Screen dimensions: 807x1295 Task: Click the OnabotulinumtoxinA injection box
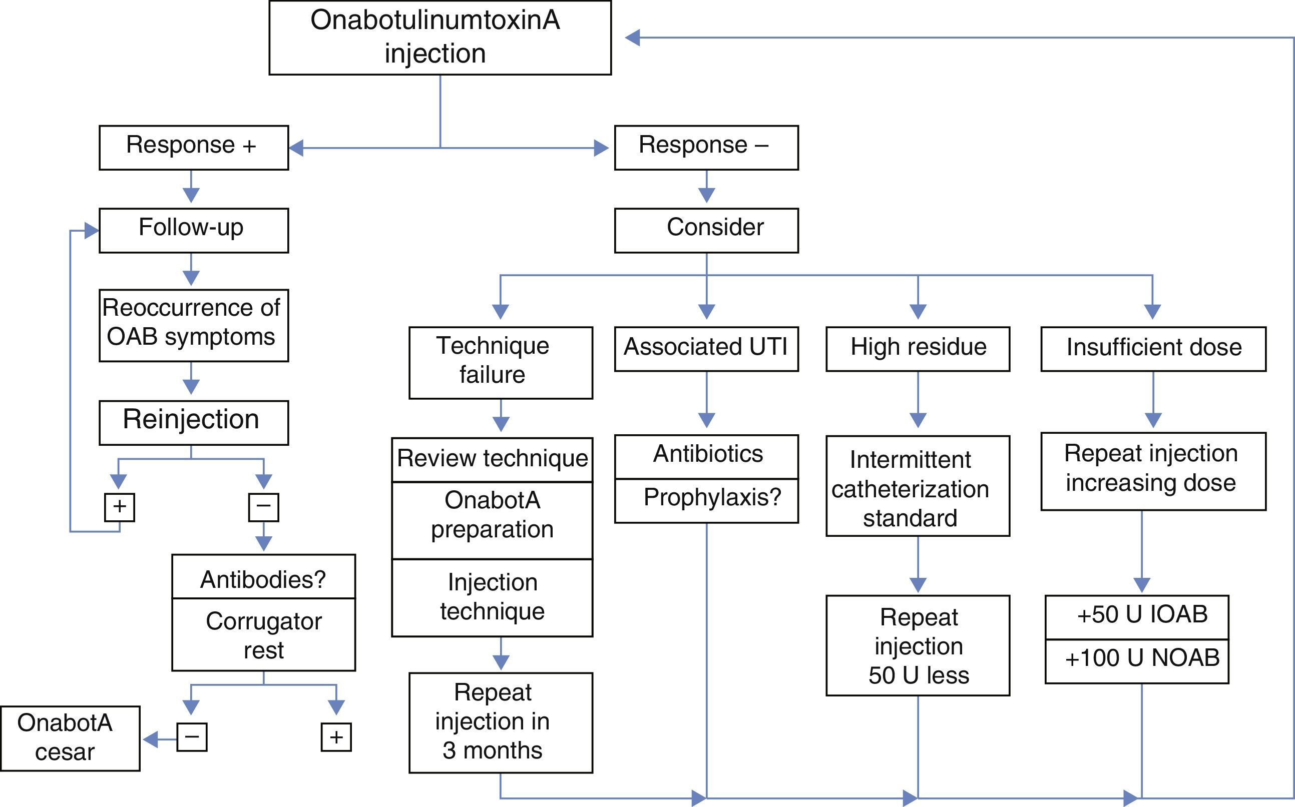tap(440, 38)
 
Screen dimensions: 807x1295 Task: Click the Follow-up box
tap(193, 230)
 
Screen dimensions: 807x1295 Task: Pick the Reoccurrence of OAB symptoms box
tap(193, 325)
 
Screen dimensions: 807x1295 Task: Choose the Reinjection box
tap(193, 422)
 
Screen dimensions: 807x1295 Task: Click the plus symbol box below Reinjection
tap(119, 506)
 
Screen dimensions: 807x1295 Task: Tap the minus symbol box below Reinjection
tap(263, 506)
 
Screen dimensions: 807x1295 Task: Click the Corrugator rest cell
tap(263, 634)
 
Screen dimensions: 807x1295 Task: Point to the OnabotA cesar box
tap(70, 738)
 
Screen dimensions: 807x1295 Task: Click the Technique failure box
tap(501, 362)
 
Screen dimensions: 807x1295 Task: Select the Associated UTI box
tap(706, 349)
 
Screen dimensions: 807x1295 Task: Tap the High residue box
tap(918, 349)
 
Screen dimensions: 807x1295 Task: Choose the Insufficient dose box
tap(1153, 349)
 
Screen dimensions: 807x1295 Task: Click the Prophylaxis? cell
tap(706, 500)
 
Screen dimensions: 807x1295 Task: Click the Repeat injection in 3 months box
tap(501, 722)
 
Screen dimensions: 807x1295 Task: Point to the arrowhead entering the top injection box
tap(633, 38)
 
